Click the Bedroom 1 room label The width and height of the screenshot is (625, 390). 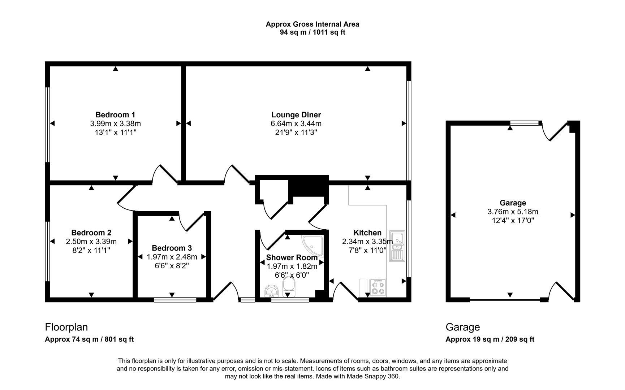pos(115,115)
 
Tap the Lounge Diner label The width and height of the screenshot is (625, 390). pos(296,115)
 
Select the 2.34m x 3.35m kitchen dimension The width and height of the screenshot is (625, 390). pos(367,242)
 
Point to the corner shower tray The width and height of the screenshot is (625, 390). pos(312,244)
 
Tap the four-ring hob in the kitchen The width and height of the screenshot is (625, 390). pos(378,288)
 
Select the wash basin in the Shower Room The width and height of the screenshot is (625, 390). pos(271,290)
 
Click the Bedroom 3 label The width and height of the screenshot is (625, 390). pos(172,248)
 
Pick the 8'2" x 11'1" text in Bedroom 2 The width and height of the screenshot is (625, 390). pos(91,250)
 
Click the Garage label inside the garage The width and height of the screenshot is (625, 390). pos(513,203)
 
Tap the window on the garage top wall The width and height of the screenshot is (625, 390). pos(524,123)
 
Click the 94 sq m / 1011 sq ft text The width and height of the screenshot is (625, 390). pos(312,32)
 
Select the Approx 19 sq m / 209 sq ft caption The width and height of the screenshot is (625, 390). pos(490,339)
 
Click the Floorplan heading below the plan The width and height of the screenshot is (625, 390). pos(66,327)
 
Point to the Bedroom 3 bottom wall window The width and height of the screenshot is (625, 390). pos(175,300)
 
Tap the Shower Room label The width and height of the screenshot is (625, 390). pos(292,257)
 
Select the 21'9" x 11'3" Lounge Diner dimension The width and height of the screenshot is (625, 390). pos(296,133)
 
